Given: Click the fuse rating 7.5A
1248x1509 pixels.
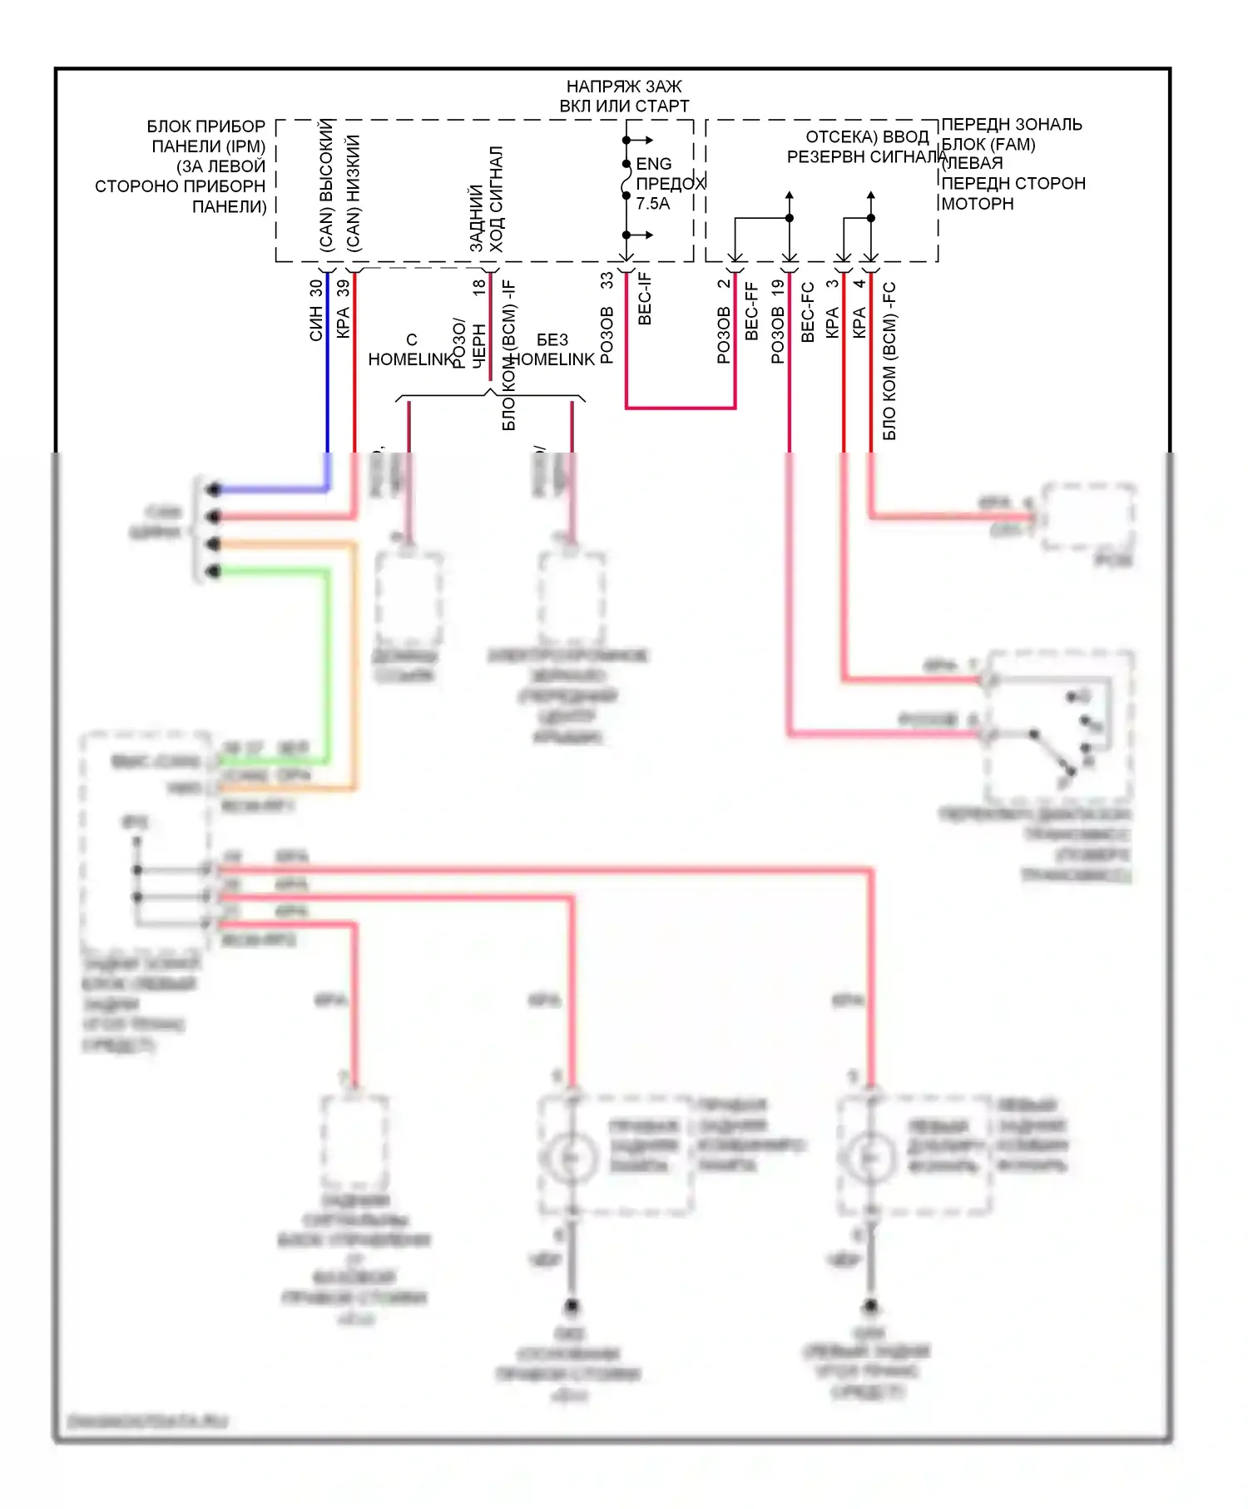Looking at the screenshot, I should coord(653,204).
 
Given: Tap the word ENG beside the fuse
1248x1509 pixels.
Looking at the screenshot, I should coord(653,164).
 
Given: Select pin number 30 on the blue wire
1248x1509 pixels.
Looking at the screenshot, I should coord(315,288).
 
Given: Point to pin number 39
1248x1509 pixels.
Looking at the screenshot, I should coord(343,288).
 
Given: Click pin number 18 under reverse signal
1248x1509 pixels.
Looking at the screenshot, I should coord(479,287).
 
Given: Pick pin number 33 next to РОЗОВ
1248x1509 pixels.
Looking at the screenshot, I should coord(607,280).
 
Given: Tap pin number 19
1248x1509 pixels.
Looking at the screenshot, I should coord(778,288).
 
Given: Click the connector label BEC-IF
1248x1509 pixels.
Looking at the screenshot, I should coord(645,299).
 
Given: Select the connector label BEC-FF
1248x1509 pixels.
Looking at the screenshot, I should coord(751,311).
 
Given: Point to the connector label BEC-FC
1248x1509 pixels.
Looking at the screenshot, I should coord(807,312).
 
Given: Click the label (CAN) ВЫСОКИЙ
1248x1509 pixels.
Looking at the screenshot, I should coord(327,186).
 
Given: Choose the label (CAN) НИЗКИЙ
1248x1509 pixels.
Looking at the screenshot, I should coord(354,193).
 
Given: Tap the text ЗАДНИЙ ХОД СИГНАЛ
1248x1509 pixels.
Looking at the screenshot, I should coord(487,200).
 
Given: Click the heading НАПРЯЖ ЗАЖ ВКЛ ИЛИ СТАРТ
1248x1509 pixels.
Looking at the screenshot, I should coord(624,96).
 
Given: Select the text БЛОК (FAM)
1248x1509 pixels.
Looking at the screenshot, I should coord(988,144).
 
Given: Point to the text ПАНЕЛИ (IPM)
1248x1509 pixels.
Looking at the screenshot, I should coord(208,146).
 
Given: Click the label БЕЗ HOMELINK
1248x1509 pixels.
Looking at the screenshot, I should coord(552,349).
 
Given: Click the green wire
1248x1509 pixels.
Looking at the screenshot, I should coord(327,665).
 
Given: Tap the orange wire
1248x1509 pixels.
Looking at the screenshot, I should coord(354,665).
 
